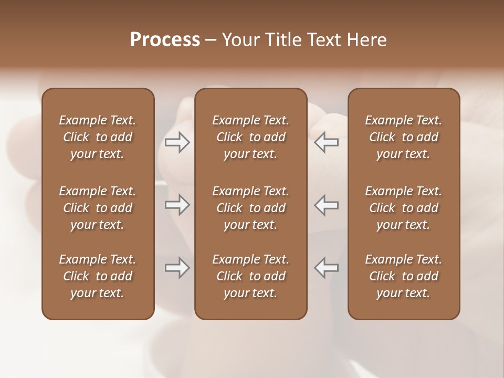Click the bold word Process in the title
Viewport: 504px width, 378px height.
coord(165,40)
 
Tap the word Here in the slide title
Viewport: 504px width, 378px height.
coord(367,40)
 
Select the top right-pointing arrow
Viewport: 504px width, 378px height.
coord(177,142)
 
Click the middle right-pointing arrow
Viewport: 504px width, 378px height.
coord(177,205)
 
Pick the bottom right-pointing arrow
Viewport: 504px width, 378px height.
coord(177,268)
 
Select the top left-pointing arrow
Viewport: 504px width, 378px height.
coord(327,142)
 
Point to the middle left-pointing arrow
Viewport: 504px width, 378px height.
coord(327,205)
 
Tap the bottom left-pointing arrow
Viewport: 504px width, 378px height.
coord(327,268)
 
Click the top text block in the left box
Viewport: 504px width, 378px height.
coord(98,137)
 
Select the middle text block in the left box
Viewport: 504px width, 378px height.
coord(98,208)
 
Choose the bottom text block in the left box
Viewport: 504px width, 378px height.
coord(98,276)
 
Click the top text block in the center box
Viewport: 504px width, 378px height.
coord(250,137)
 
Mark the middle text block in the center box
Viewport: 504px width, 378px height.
coord(250,208)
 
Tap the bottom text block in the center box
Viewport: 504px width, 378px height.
coord(250,276)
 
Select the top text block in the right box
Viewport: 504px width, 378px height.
coord(403,137)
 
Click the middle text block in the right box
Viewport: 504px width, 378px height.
coord(403,208)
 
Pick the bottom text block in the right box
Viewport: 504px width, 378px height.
coord(403,276)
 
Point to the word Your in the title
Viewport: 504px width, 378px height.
coord(240,40)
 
